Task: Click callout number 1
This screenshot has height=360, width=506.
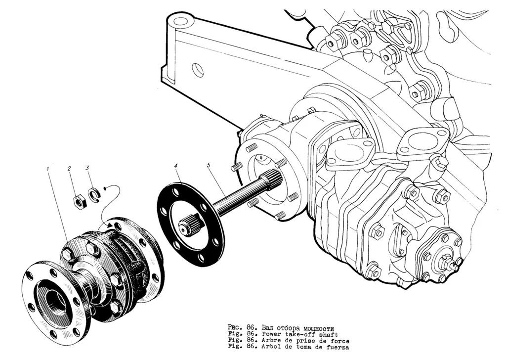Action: pyautogui.click(x=47, y=169)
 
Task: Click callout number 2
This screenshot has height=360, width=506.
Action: pyautogui.click(x=69, y=169)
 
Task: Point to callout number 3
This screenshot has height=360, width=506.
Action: pyautogui.click(x=87, y=168)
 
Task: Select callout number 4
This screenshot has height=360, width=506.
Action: pyautogui.click(x=175, y=166)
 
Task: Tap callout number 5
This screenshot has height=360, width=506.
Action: pyautogui.click(x=209, y=165)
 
